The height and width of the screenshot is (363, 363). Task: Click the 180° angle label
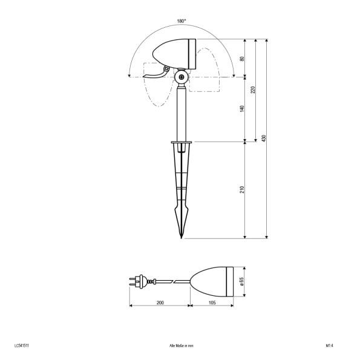tap(181, 21)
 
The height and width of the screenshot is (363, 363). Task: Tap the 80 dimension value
tap(242, 59)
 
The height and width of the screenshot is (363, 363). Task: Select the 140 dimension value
tap(242, 108)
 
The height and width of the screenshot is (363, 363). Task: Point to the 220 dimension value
tap(253, 90)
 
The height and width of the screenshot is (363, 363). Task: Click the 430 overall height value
tap(264, 138)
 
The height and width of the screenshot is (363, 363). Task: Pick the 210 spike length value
tap(242, 189)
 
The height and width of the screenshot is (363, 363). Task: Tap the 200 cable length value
tap(160, 302)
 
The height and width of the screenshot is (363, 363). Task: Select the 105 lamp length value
tap(212, 302)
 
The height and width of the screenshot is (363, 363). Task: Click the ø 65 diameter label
tap(242, 281)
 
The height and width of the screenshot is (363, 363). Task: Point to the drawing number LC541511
tap(22, 345)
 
